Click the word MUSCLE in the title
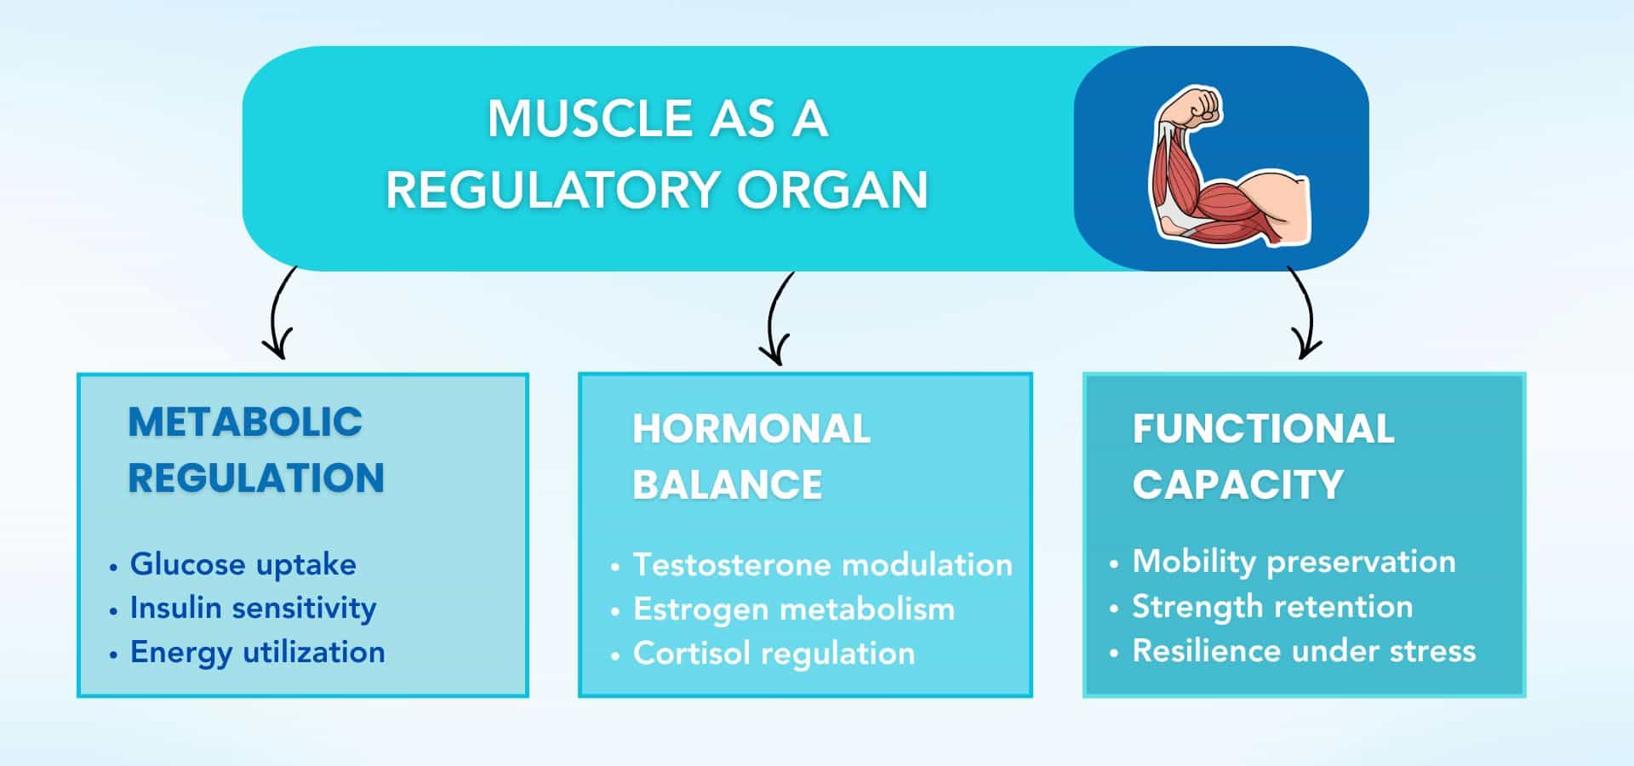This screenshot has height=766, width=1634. point(587,118)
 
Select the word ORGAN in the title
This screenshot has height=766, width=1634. point(831,189)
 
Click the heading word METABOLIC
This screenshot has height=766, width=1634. point(245,422)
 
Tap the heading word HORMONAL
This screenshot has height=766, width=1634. point(751,429)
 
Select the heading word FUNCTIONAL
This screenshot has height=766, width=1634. point(1263,429)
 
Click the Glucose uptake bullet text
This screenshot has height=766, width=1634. point(243,564)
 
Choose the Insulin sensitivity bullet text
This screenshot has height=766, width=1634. point(253,609)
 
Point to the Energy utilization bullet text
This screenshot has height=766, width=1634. point(257,653)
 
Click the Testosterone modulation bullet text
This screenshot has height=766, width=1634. point(822,565)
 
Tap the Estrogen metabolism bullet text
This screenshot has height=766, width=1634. point(794,609)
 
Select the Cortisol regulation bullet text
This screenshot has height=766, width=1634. point(774,654)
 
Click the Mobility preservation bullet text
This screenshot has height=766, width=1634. point(1294,562)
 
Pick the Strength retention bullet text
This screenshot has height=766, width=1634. point(1272,607)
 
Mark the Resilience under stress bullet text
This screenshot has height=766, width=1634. point(1304,651)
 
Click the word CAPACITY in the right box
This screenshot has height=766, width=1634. point(1237,485)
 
